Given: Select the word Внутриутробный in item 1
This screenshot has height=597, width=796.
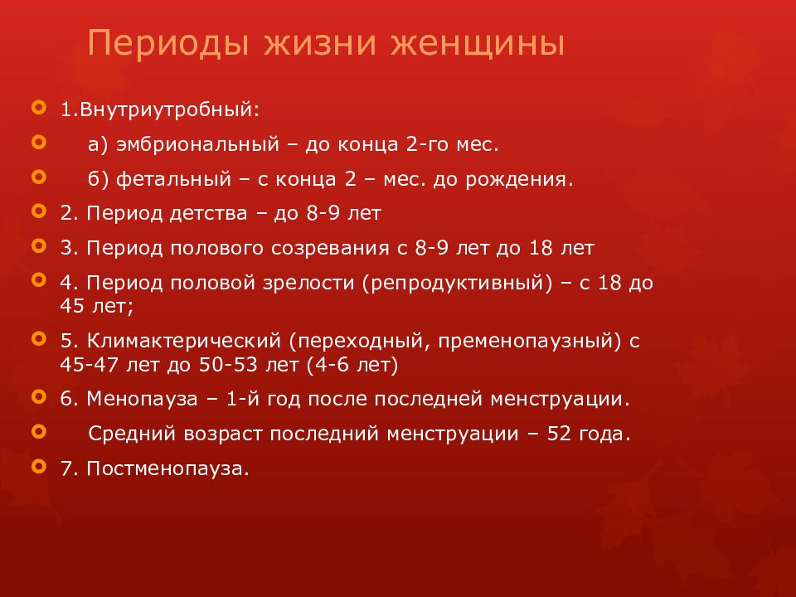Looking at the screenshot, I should pos(166,109).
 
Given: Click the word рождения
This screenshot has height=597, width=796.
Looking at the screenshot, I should pos(530,178).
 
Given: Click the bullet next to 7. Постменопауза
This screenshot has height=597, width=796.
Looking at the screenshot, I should pos(37,466).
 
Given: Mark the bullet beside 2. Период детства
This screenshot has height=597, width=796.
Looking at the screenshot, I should pos(37,211).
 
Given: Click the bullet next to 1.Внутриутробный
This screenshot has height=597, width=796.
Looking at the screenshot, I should pos(37,108).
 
